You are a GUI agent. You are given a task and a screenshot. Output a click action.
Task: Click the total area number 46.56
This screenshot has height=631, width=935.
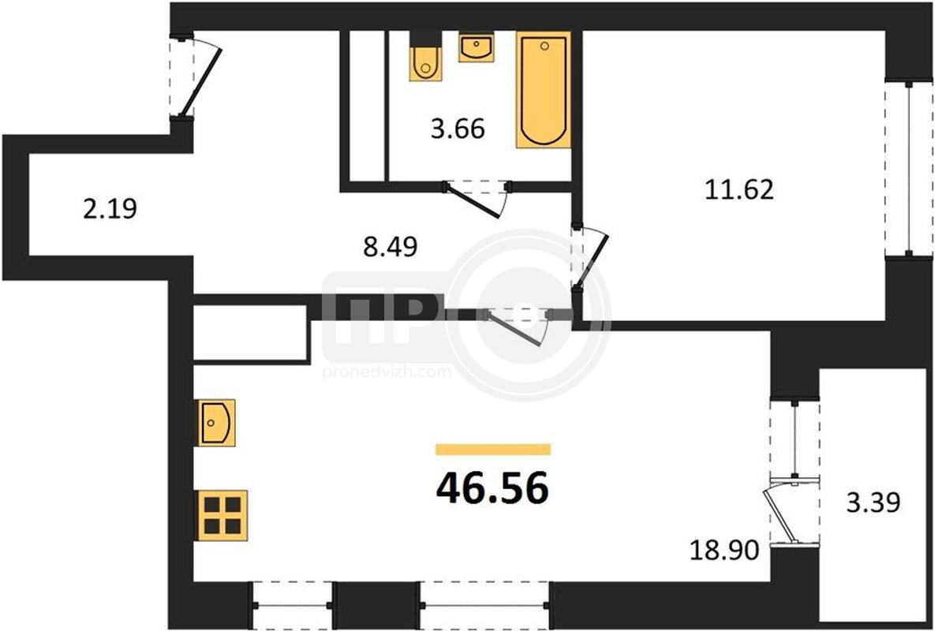pyautogui.click(x=492, y=488)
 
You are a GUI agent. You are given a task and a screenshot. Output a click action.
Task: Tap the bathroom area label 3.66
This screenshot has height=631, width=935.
pyautogui.click(x=458, y=128)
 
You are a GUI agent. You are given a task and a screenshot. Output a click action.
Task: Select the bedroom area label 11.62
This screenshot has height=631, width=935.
pyautogui.click(x=739, y=189)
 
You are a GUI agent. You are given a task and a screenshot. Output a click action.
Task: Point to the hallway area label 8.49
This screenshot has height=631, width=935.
pyautogui.click(x=391, y=246)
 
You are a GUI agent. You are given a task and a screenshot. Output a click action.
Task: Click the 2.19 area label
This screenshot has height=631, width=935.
pyautogui.click(x=110, y=208)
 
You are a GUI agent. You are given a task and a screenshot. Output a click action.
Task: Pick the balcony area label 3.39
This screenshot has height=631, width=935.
pyautogui.click(x=873, y=502)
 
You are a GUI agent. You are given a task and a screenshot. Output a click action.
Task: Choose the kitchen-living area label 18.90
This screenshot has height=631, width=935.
pyautogui.click(x=724, y=550)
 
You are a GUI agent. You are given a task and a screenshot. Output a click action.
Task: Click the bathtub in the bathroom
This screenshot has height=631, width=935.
pyautogui.click(x=543, y=90)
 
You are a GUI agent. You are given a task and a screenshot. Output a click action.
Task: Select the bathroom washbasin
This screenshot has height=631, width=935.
pyautogui.click(x=477, y=47)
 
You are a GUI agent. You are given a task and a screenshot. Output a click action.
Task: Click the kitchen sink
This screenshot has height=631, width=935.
pyautogui.click(x=215, y=423)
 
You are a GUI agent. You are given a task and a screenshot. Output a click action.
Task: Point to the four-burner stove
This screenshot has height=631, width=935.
pyautogui.click(x=221, y=515)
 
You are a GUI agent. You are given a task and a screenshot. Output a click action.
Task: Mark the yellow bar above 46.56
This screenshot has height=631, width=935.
pyautogui.click(x=493, y=450)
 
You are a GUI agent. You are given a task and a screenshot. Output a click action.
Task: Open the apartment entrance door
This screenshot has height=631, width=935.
pyautogui.click(x=200, y=82)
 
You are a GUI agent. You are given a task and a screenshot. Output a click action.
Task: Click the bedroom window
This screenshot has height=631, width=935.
pyautogui.click(x=909, y=170)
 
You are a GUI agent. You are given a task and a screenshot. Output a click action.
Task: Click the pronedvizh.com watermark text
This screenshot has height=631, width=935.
pyautogui.click(x=387, y=372)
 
